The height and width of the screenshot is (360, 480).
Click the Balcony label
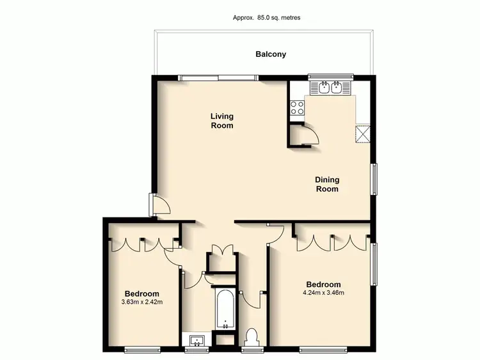coord(271,54)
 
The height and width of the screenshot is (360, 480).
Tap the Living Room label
coord(223,121)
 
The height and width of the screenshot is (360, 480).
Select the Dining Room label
coord(326,184)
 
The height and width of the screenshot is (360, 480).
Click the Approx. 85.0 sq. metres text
coord(266,18)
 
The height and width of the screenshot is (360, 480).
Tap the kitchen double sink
coord(330,88)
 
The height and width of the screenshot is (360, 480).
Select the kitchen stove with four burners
coord(298,108)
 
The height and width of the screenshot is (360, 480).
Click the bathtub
coord(224,309)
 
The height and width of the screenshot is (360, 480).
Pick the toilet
coord(252,336)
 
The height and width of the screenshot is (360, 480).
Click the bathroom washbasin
coord(195,340)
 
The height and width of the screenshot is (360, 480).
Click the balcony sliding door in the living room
coord(219,78)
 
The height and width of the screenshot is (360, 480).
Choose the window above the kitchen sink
coord(330,77)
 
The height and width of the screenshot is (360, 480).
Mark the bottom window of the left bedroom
coord(141,349)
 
